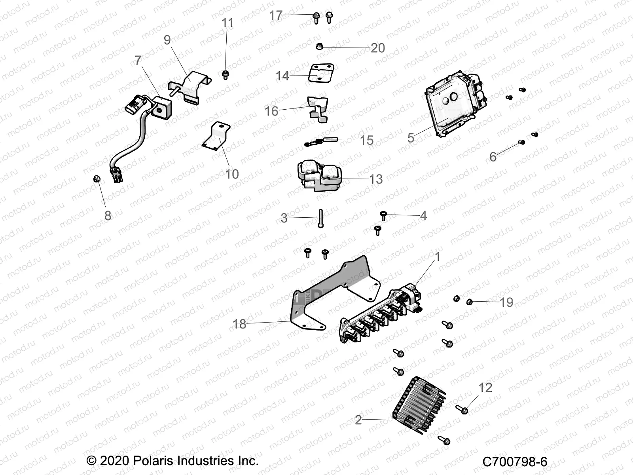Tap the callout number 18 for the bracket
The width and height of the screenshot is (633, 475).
(x=239, y=324)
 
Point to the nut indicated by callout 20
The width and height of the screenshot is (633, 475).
(x=319, y=47)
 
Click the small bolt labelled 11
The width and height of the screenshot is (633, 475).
(x=226, y=74)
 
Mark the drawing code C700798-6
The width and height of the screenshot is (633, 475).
(x=515, y=462)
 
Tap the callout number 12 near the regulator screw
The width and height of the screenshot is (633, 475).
(x=485, y=387)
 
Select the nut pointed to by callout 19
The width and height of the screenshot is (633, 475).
(x=470, y=302)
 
